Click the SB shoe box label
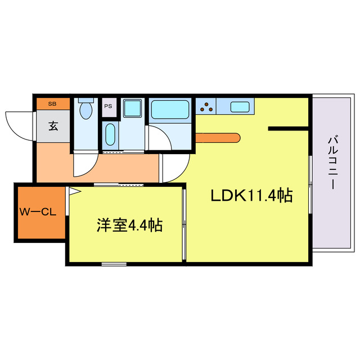(x=52, y=103)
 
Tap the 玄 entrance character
(x=52, y=126)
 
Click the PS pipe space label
(x=107, y=104)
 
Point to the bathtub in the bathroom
(x=169, y=109)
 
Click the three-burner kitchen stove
(x=206, y=105)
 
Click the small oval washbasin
(x=110, y=135)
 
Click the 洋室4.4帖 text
(x=129, y=226)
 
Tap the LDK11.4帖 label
(x=251, y=196)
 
